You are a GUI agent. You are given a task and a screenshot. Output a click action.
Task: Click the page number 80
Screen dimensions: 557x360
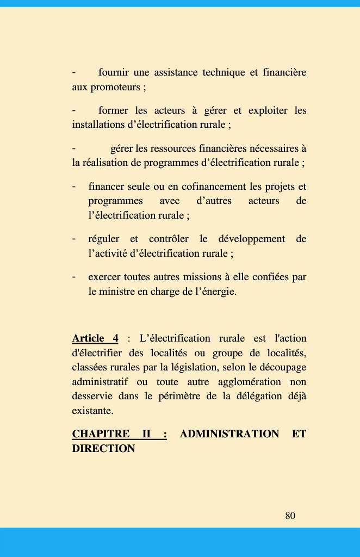(290, 516)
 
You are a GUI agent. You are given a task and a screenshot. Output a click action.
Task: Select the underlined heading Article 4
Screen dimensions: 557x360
(95, 338)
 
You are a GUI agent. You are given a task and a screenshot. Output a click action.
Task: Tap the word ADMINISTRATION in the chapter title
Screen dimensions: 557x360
(229, 434)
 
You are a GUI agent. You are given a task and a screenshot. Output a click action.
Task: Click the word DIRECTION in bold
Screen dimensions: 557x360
(103, 449)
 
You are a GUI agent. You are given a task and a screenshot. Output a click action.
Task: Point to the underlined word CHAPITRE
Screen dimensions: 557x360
(101, 434)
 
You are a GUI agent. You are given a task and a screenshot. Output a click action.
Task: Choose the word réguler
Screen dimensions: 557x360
(104, 239)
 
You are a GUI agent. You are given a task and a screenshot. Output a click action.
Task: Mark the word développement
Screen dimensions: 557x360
(252, 239)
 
